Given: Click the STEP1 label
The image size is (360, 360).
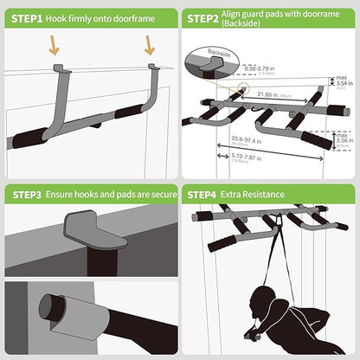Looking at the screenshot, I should (x=25, y=17).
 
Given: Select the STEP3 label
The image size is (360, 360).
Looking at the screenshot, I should (x=25, y=196).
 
